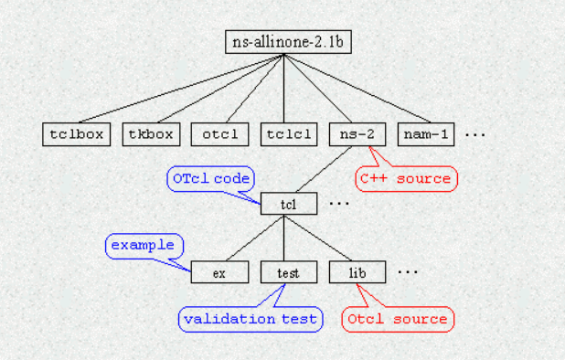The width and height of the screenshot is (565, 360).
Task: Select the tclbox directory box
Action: (77, 134)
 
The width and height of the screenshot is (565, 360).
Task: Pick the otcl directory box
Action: (219, 134)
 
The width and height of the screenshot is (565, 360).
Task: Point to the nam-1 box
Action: (427, 134)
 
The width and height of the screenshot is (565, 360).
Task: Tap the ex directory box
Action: (219, 272)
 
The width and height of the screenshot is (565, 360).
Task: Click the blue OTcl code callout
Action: (210, 178)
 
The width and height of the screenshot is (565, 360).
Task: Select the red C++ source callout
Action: (405, 178)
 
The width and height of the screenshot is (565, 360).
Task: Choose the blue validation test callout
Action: (250, 319)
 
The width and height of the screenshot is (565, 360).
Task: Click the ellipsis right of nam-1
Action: (475, 135)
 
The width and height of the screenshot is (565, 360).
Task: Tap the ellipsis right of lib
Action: (408, 273)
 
